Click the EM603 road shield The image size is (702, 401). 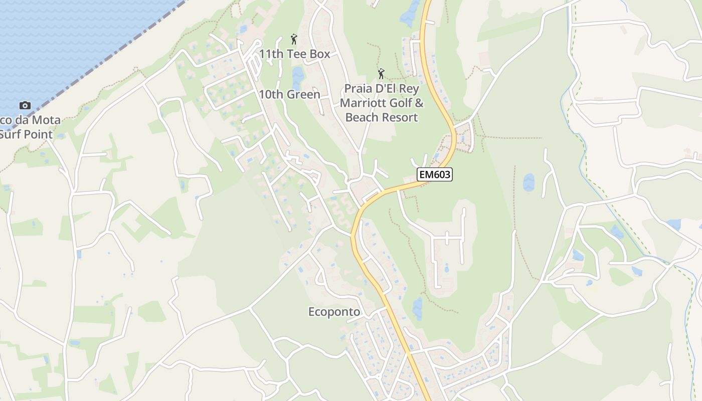click(434, 174)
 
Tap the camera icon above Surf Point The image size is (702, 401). click(25, 105)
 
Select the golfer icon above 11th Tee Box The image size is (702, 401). click(294, 39)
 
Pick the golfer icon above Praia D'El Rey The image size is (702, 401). click(381, 74)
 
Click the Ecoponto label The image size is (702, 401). click(334, 312)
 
